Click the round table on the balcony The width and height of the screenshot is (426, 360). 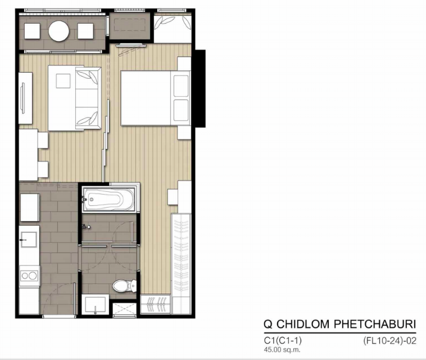pyautogui.click(x=58, y=31)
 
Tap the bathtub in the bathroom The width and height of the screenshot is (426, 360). pyautogui.click(x=108, y=200)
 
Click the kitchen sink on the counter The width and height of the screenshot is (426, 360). pyautogui.click(x=29, y=239)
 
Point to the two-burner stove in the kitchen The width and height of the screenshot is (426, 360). pyautogui.click(x=29, y=276)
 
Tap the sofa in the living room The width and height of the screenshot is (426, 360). pyautogui.click(x=88, y=98)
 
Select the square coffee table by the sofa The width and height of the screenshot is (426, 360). pyautogui.click(x=63, y=81)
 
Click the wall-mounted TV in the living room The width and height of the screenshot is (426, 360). pyautogui.click(x=23, y=98)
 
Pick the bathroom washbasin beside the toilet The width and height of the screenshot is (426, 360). pyautogui.click(x=95, y=304)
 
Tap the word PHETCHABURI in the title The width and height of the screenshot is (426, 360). pyautogui.click(x=375, y=324)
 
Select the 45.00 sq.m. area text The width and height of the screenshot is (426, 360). pyautogui.click(x=282, y=350)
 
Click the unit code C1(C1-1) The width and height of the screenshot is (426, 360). pyautogui.click(x=283, y=341)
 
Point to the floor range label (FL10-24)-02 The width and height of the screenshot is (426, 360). pyautogui.click(x=389, y=341)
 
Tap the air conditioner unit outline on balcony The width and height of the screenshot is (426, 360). pyautogui.click(x=129, y=25)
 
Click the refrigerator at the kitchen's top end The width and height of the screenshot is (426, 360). pyautogui.click(x=30, y=207)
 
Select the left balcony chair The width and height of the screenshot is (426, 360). pyautogui.click(x=32, y=31)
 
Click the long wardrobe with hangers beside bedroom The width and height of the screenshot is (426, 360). pyautogui.click(x=181, y=264)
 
